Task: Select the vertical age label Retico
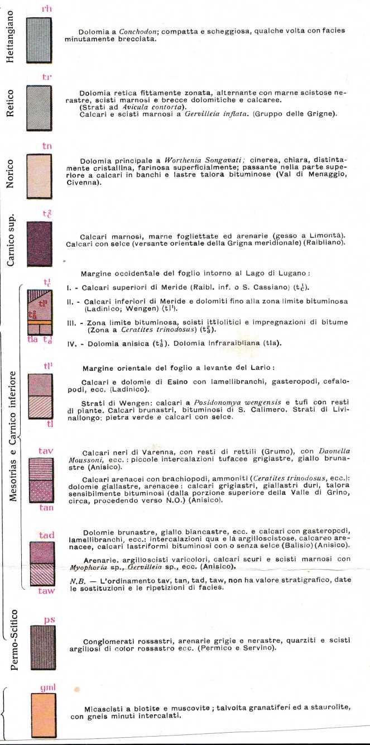(9, 104)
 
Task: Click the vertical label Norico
(9, 176)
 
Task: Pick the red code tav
(46, 450)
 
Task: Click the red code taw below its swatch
(46, 590)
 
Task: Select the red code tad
(46, 536)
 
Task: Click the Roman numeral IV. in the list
(71, 343)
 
